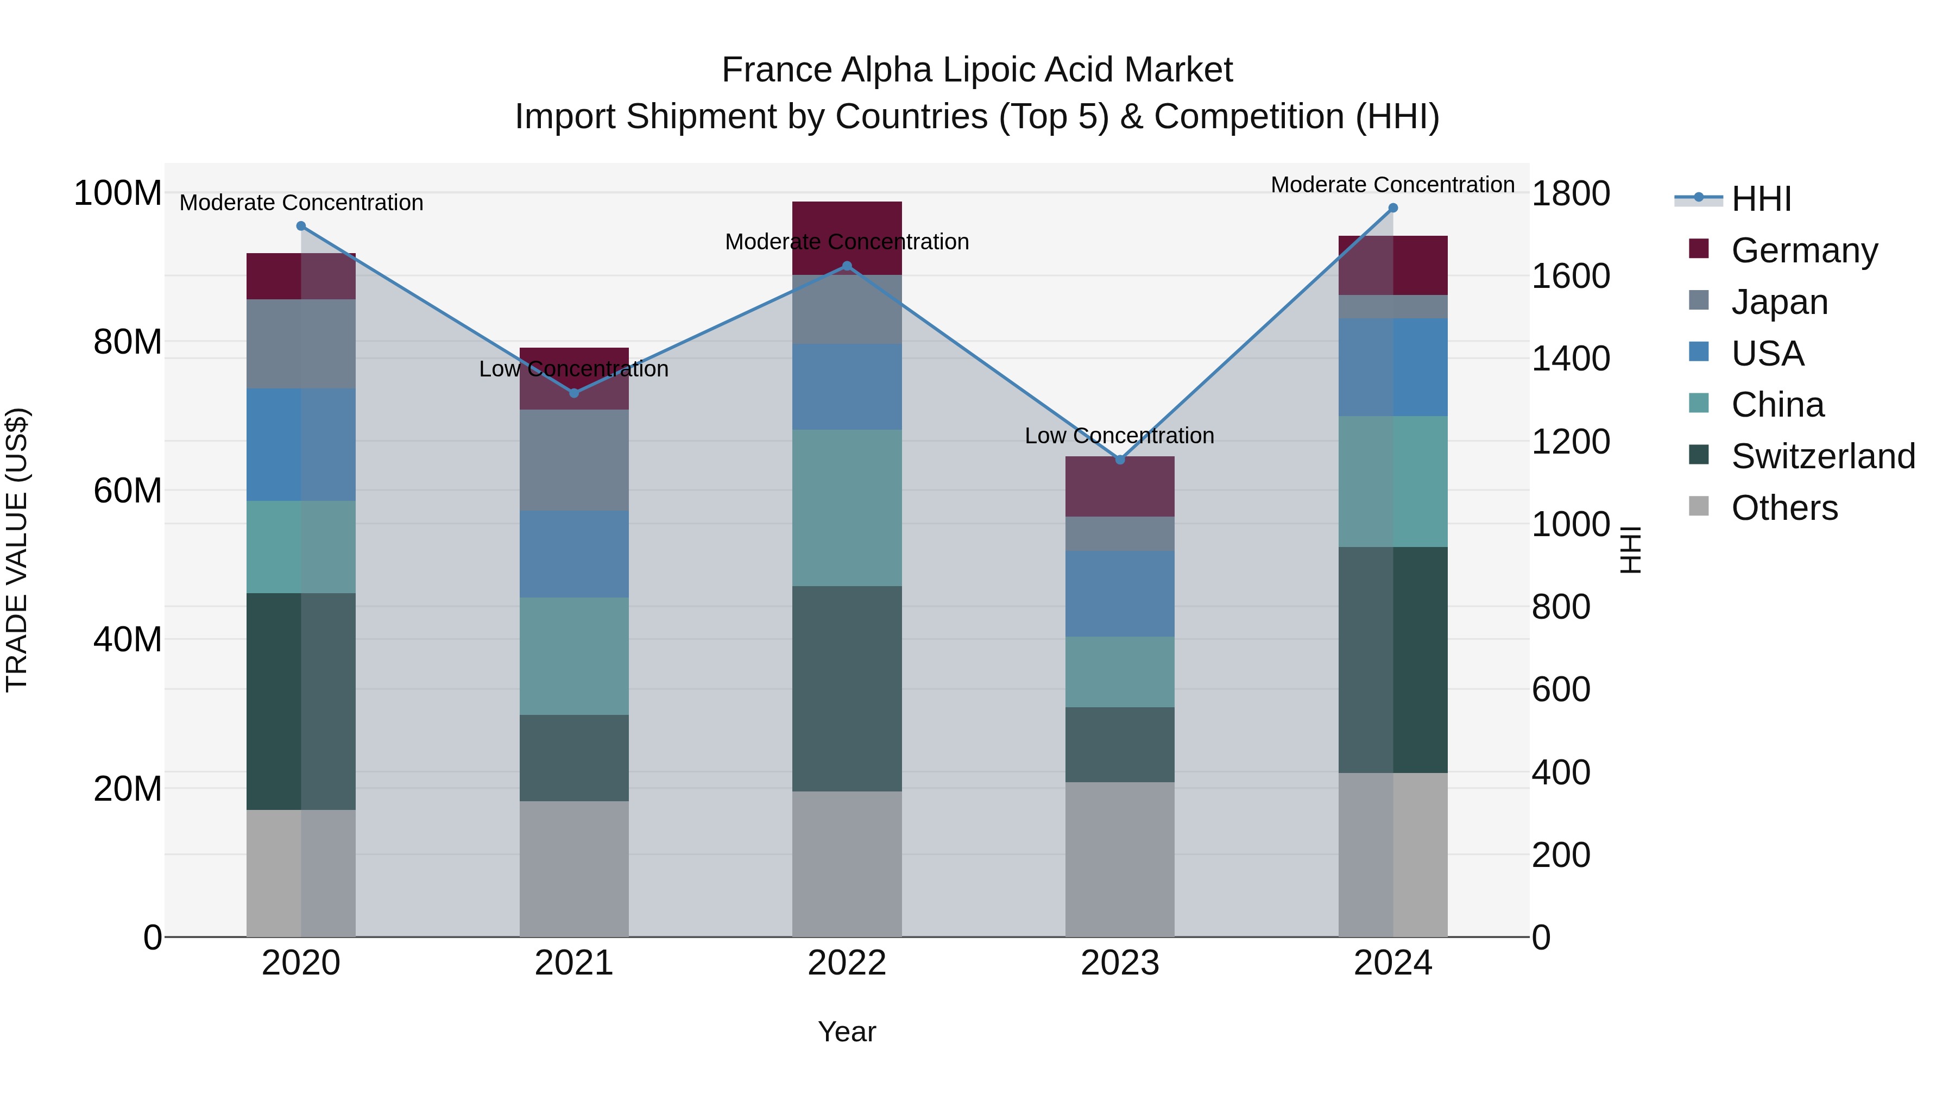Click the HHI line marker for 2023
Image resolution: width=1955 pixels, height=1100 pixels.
click(1119, 459)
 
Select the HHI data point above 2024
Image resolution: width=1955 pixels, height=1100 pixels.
click(1392, 208)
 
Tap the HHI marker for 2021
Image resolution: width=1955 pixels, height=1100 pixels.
click(574, 393)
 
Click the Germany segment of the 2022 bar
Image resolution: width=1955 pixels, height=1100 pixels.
click(847, 228)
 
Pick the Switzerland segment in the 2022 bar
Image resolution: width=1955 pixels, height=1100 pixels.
click(847, 689)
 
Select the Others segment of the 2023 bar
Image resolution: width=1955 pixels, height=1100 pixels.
click(1119, 859)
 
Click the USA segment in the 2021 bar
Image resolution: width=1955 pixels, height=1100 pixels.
click(574, 554)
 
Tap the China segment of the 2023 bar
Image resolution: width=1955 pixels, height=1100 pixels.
click(1119, 672)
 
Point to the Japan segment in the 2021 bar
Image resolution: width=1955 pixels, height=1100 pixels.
click(574, 460)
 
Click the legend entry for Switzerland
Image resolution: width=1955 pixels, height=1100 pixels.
click(1823, 456)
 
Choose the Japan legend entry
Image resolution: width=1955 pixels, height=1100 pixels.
click(1779, 302)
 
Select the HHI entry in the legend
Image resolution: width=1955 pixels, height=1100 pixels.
click(1761, 199)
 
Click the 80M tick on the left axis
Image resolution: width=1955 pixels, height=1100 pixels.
click(128, 342)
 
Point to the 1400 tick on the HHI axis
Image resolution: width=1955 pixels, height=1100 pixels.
click(1570, 359)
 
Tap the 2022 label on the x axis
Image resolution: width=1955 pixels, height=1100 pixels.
click(847, 963)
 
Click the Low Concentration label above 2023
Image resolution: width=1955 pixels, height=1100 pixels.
click(1119, 436)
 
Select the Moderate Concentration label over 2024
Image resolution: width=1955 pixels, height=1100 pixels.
click(1392, 185)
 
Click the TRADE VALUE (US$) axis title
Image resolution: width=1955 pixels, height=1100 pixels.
click(17, 550)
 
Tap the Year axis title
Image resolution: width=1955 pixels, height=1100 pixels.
click(847, 1032)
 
